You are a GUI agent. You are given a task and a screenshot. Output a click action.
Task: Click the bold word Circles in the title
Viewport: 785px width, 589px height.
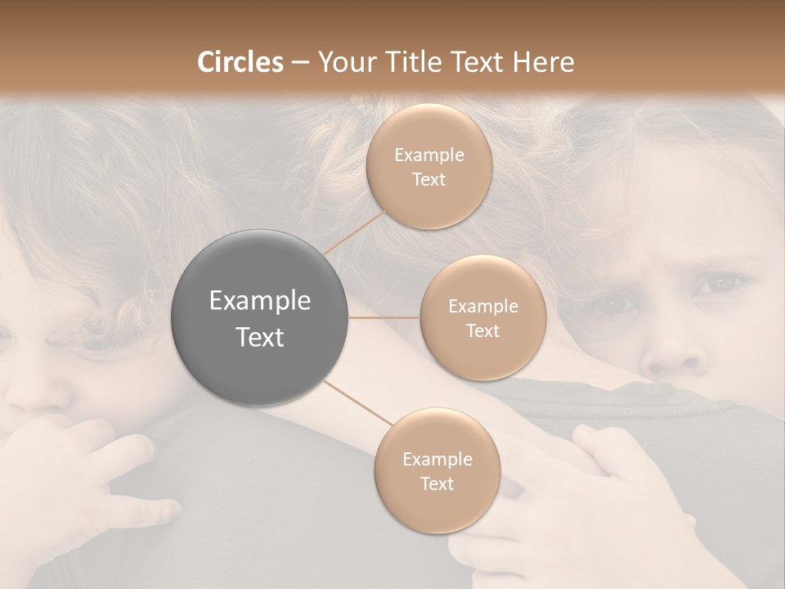[x=240, y=62]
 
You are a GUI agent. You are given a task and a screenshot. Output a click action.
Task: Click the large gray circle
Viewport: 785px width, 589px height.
[x=260, y=318]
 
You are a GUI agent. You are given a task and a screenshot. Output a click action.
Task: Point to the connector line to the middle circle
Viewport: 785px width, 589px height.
[x=384, y=317]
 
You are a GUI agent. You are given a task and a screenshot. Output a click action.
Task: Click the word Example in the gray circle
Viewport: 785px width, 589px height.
[x=260, y=301]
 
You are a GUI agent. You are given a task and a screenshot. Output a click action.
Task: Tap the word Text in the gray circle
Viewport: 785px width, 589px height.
[x=260, y=337]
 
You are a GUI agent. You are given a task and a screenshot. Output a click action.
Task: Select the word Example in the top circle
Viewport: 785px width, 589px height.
[x=428, y=155]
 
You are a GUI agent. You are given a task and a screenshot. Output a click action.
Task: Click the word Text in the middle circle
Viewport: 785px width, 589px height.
[x=482, y=330]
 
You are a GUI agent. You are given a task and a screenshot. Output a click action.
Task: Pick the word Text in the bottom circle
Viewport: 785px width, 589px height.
[x=437, y=483]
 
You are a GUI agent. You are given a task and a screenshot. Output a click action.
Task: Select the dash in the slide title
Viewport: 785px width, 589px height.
[x=300, y=63]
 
